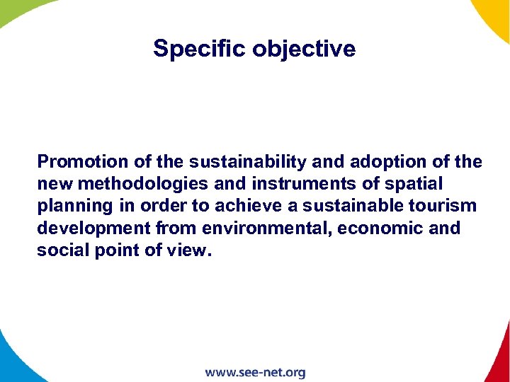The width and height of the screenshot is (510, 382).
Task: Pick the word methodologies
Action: point(141,184)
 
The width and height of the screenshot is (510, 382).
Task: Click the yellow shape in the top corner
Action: point(496,14)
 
